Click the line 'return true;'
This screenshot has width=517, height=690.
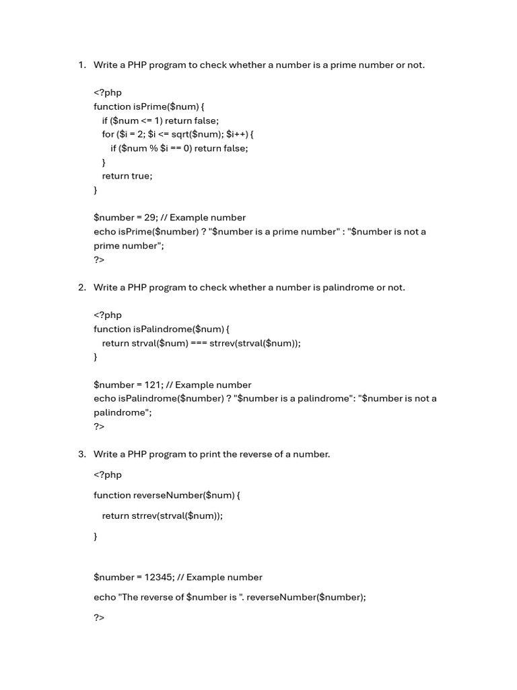[x=127, y=176]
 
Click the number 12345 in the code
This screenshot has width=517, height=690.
[x=158, y=577]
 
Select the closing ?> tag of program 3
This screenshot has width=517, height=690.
[x=99, y=617]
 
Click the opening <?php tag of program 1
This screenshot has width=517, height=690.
[x=108, y=92]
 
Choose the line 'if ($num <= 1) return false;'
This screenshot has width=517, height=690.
[x=160, y=121]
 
